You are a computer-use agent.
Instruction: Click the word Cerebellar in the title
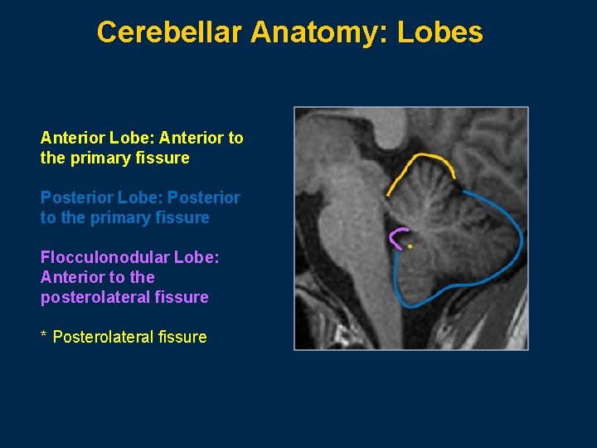point(169,32)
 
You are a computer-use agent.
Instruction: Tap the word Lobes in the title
point(439,32)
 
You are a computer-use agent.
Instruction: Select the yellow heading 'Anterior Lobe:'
point(90,138)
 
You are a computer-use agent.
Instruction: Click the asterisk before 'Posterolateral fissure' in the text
point(44,337)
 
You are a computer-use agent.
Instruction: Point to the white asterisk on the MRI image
point(410,247)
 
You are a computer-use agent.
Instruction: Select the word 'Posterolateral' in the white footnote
point(103,337)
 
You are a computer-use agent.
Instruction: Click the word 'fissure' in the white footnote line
point(182,337)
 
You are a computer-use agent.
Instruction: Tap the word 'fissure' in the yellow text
point(165,158)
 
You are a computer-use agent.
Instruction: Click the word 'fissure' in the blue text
point(185,217)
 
